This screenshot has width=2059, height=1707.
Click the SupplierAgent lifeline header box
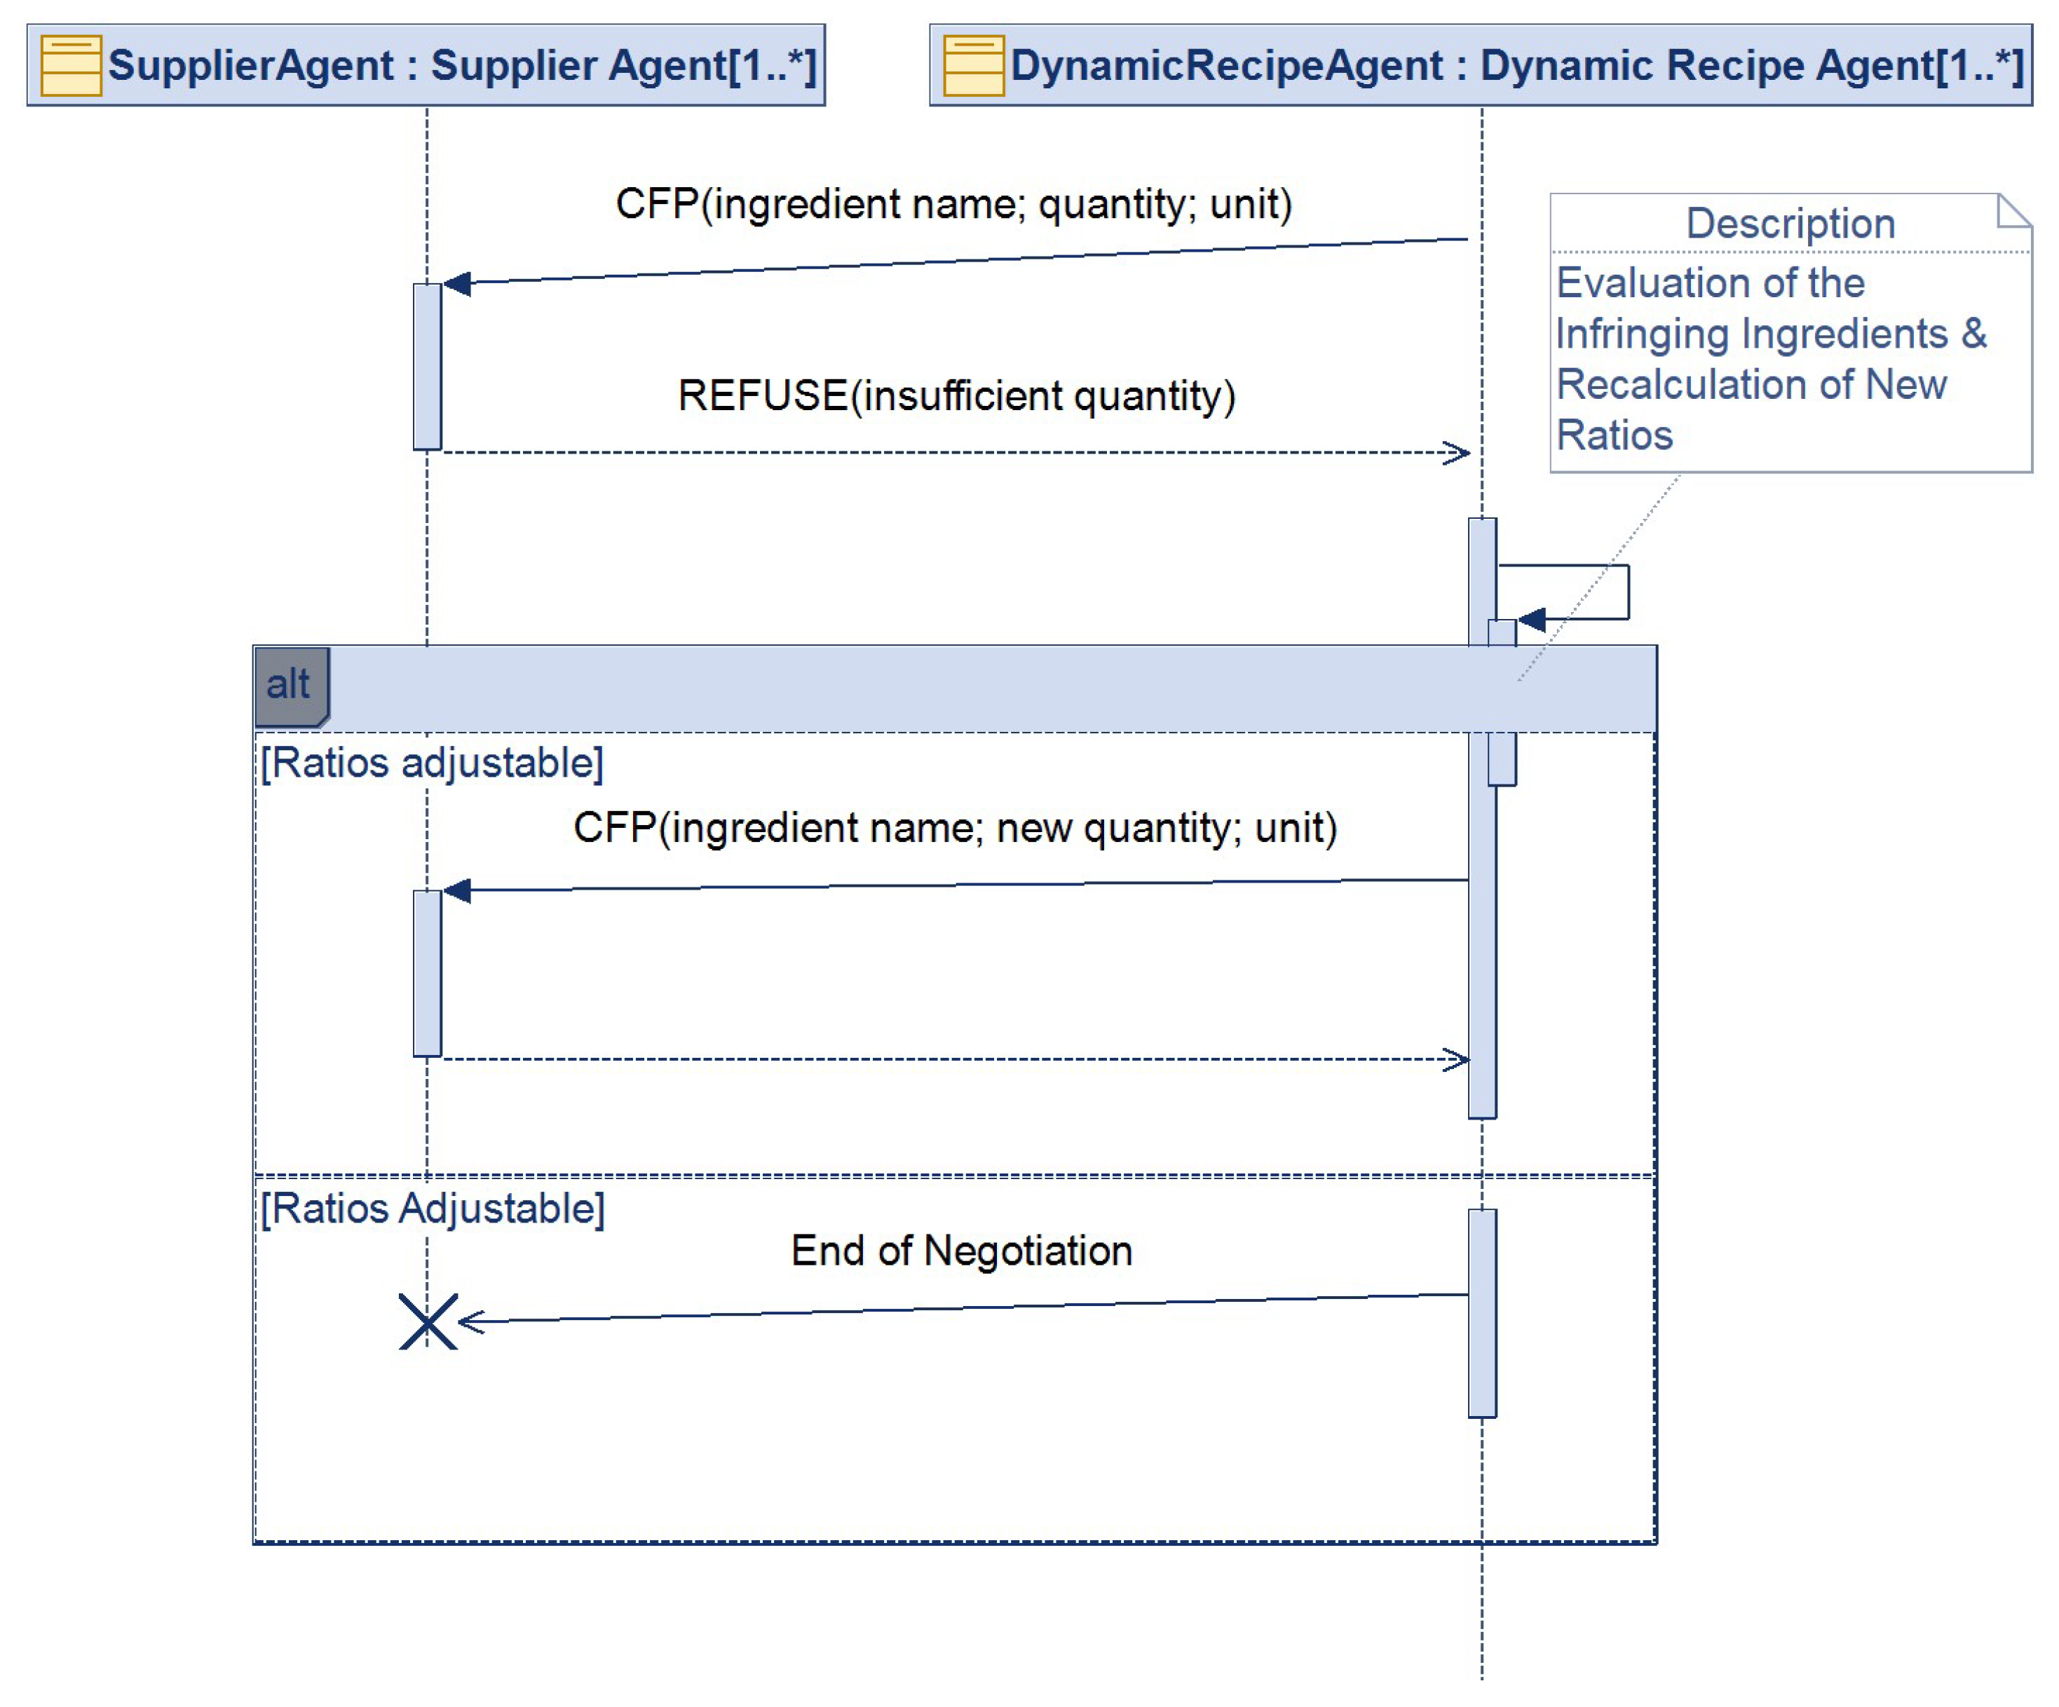[x=426, y=64]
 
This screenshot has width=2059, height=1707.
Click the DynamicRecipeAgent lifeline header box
[x=1481, y=64]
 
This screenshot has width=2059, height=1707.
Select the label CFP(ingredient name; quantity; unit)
[x=953, y=204]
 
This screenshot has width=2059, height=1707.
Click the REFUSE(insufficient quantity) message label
[x=956, y=395]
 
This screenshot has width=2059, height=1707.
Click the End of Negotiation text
[x=961, y=1251]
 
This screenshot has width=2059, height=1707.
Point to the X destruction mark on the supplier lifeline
[x=428, y=1321]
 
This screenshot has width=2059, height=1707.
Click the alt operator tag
[x=290, y=684]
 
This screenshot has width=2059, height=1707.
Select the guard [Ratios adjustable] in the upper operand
[x=431, y=763]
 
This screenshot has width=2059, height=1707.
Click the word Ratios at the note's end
[x=1614, y=435]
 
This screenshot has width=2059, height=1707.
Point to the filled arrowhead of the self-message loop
[x=1532, y=620]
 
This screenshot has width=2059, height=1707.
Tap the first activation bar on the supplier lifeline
[x=428, y=367]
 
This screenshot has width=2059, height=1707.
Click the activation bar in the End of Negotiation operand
[x=1481, y=1314]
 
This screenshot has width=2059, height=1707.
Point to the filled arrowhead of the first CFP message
[x=457, y=283]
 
